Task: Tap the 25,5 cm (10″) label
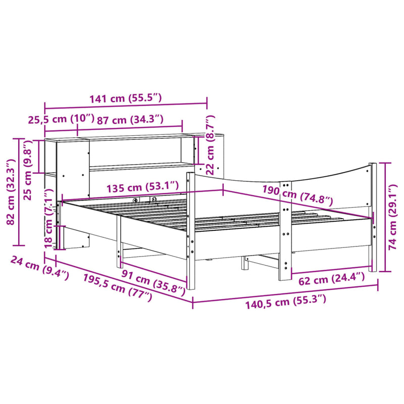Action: (x=60, y=120)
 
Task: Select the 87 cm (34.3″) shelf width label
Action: (x=130, y=120)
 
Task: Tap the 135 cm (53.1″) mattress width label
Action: (x=142, y=188)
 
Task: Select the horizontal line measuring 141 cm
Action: (x=126, y=107)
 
